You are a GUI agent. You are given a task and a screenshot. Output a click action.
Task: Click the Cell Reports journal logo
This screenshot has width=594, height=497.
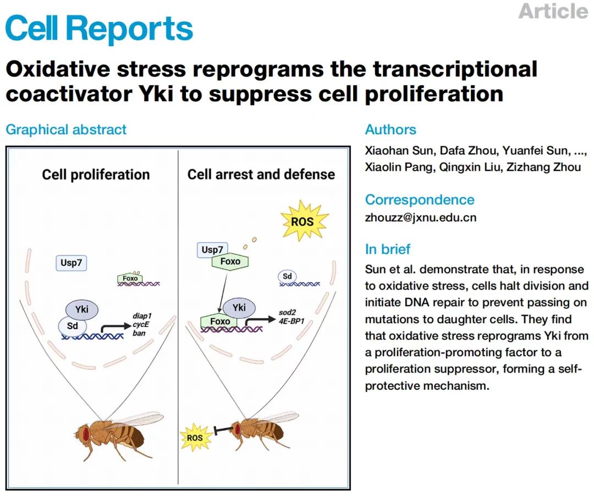(99, 28)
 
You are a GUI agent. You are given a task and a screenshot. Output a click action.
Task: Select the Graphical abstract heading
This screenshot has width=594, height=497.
(66, 130)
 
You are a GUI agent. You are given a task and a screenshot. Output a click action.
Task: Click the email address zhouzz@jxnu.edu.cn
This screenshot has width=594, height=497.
(421, 217)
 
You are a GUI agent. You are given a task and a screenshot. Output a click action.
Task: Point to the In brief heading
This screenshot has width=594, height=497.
(388, 249)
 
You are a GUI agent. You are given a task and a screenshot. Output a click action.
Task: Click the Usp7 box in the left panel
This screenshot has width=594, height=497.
(71, 263)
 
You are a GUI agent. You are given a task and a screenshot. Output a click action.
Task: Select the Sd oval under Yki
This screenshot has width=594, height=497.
(72, 325)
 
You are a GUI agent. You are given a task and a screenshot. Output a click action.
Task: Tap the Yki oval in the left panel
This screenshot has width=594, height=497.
(82, 309)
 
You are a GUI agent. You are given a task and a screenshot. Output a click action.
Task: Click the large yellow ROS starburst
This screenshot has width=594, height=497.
(302, 221)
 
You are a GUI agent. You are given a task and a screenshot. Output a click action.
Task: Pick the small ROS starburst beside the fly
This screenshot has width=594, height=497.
(195, 438)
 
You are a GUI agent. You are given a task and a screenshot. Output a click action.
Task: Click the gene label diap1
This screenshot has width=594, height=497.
(142, 316)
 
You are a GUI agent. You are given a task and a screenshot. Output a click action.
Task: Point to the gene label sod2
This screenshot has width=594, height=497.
(287, 313)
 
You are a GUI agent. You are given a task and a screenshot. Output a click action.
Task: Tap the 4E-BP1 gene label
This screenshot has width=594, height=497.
(291, 321)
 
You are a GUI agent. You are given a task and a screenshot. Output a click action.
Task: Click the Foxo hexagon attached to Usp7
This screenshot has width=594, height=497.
(230, 261)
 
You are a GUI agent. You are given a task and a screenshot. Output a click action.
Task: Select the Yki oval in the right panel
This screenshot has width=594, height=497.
(239, 308)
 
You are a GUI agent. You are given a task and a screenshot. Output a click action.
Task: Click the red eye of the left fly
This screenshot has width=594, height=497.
(86, 433)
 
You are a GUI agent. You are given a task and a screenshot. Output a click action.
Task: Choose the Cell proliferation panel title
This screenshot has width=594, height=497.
(96, 174)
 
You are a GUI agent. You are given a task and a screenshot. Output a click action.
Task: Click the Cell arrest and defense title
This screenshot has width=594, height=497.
(261, 174)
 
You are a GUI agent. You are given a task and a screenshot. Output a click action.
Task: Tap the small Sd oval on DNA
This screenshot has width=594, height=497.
(287, 276)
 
